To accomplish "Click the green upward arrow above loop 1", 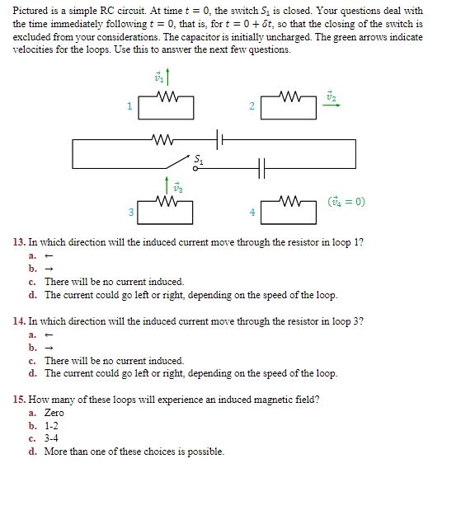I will pyautogui.click(x=169, y=77).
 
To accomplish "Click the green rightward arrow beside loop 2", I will pyautogui.click(x=331, y=105).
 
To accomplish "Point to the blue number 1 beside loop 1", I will pyautogui.click(x=129, y=106).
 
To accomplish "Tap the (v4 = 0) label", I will pyautogui.click(x=346, y=201).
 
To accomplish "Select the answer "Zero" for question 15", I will pyautogui.click(x=54, y=413).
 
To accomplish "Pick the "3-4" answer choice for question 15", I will pyautogui.click(x=53, y=438).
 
